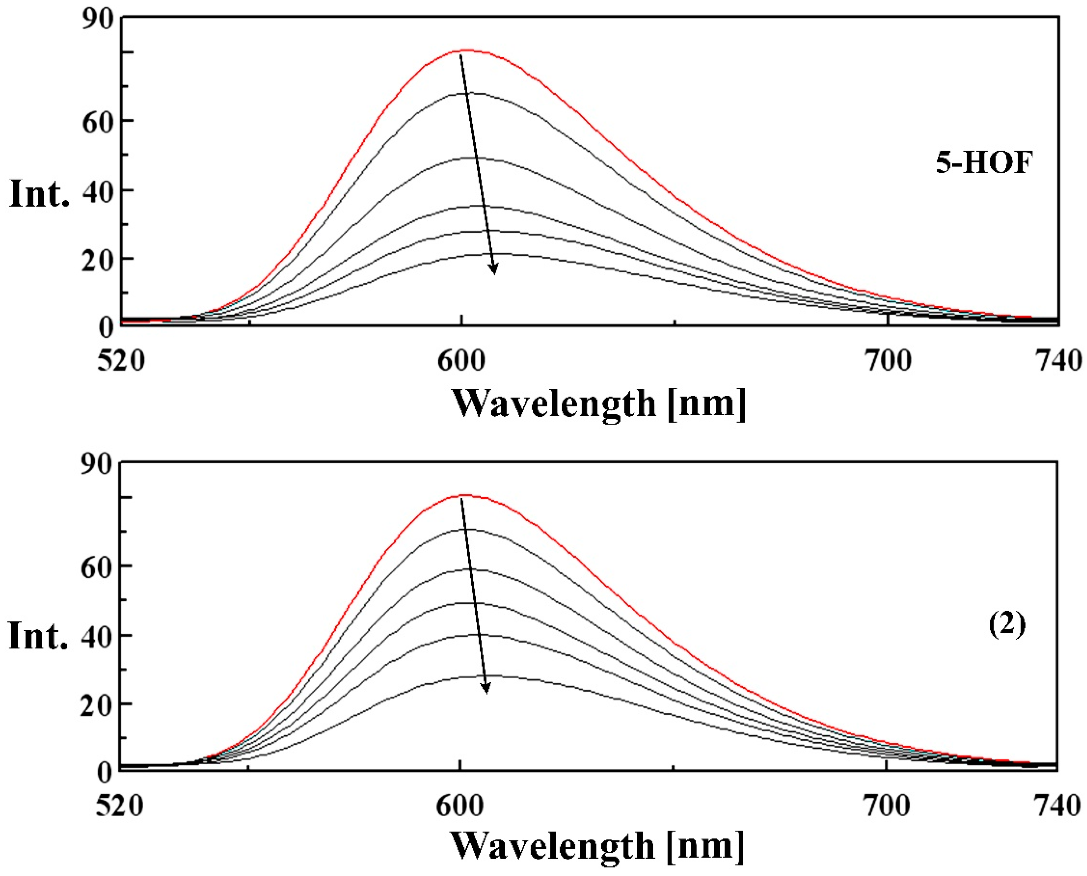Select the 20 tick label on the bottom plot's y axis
click(96, 706)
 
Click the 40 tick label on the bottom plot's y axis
click(96, 637)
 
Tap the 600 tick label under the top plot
click(461, 361)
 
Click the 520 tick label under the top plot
click(121, 361)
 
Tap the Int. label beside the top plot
click(39, 194)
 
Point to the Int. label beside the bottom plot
click(38, 637)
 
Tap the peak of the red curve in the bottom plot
click(465, 495)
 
